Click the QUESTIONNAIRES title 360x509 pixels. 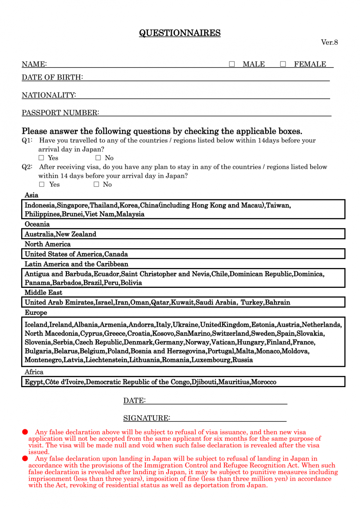[180, 33]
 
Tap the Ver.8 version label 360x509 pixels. [329, 42]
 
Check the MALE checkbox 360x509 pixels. [232, 64]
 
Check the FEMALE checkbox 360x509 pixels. [283, 64]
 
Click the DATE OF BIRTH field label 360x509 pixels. [52, 77]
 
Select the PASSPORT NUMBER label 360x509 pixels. [60, 113]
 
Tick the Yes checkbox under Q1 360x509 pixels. [41, 158]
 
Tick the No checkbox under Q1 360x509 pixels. [98, 158]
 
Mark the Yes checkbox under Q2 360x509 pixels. [42, 184]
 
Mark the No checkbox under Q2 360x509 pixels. [96, 184]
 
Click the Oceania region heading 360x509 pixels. [37, 224]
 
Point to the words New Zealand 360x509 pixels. [81, 234]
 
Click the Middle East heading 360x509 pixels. [43, 292]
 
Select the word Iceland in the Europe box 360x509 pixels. [36, 324]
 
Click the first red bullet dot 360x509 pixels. [25, 432]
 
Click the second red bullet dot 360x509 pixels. [25, 458]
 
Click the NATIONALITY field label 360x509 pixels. [49, 95]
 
